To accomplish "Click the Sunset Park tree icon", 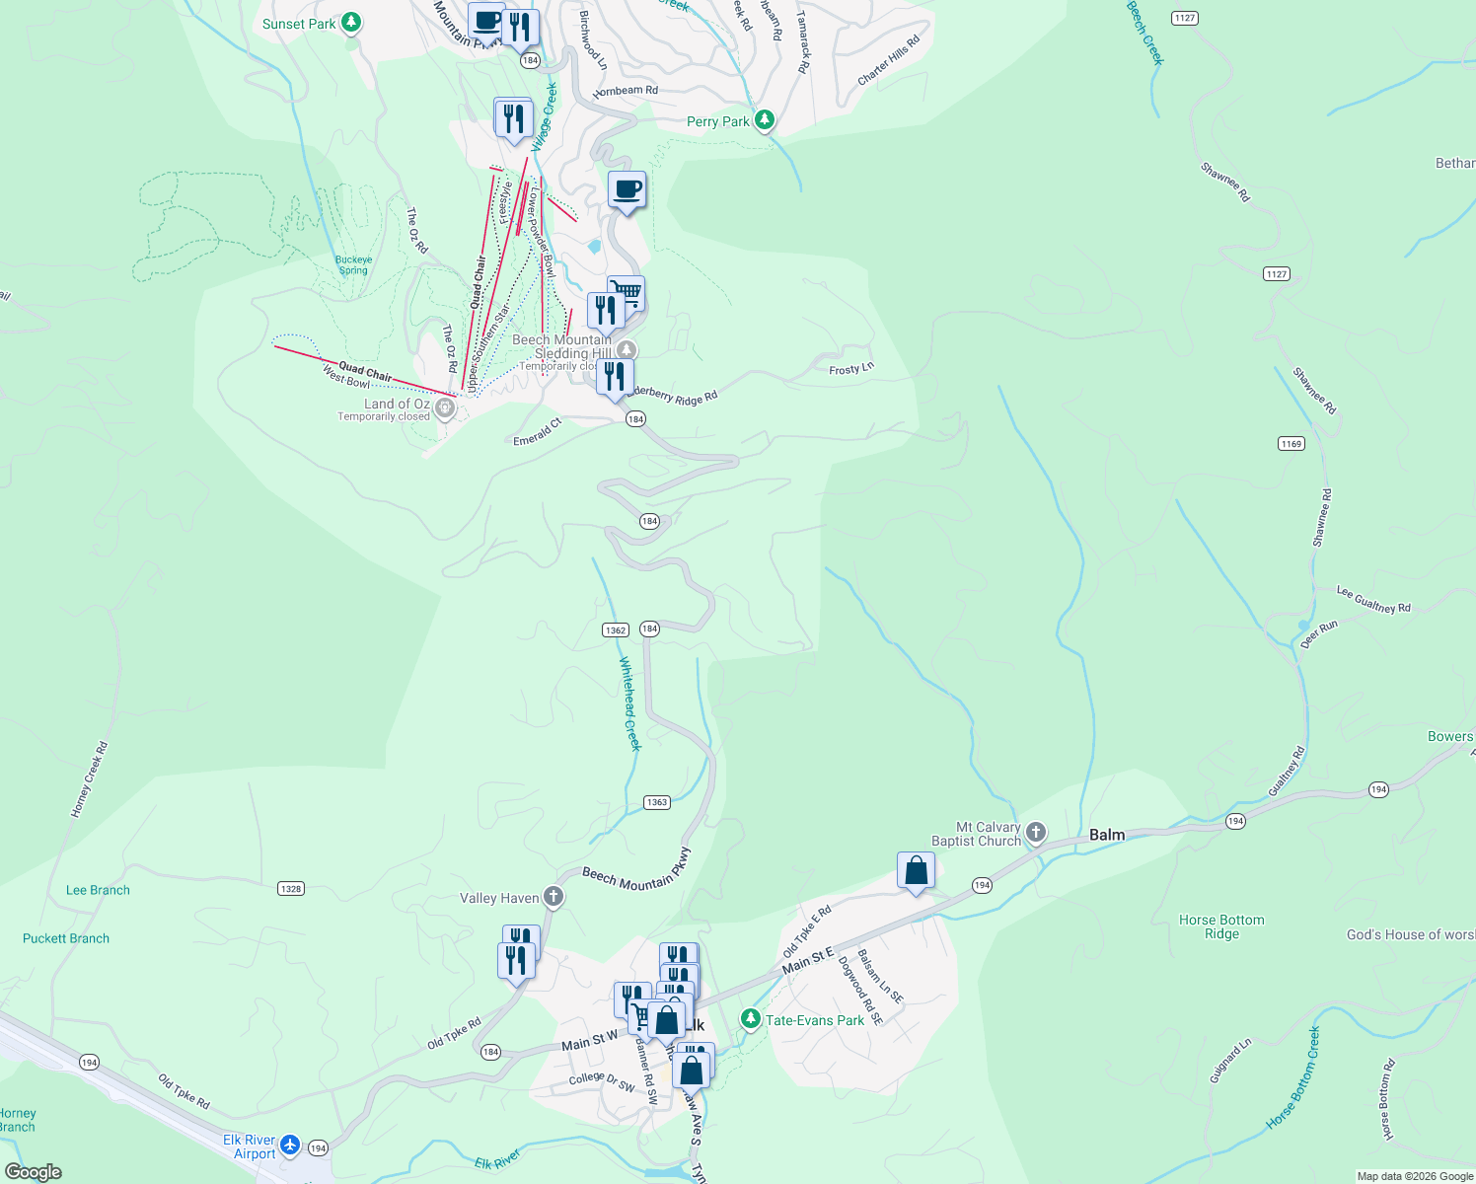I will (351, 23).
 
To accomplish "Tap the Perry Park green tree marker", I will (764, 120).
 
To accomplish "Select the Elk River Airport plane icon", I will (289, 1145).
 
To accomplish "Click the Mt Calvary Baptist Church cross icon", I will (1035, 832).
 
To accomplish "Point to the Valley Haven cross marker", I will (553, 897).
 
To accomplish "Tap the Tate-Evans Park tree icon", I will (751, 1018).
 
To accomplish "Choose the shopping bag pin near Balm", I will (916, 871).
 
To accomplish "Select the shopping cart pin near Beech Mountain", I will (626, 293).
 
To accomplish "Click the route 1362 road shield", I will (615, 629).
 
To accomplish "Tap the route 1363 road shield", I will (657, 802).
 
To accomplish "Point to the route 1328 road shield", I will (290, 889).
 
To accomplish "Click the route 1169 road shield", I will (1291, 444).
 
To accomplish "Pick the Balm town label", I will (1106, 835).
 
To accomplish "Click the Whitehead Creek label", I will (629, 703).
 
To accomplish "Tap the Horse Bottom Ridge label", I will (1221, 926).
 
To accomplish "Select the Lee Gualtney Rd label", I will (1373, 600).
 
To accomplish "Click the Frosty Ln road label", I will (850, 369).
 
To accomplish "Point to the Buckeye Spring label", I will (353, 265).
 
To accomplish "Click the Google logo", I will (34, 1172).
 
